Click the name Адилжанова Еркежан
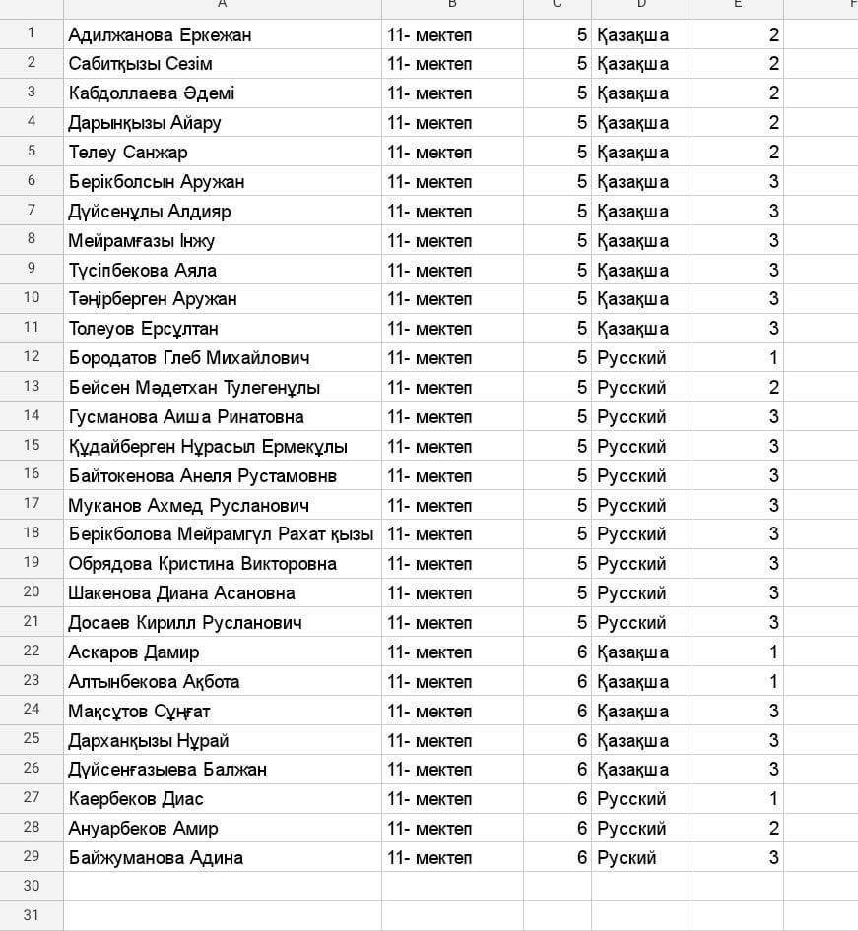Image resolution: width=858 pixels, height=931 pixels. [x=160, y=35]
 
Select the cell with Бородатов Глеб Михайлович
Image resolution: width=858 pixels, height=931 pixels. [x=189, y=358]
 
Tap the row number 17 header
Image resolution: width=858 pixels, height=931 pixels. [x=32, y=505]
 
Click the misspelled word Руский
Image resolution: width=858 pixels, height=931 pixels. [x=627, y=858]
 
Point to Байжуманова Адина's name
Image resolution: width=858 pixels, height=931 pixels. [x=156, y=858]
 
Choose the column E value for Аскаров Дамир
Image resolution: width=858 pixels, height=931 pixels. [x=773, y=652]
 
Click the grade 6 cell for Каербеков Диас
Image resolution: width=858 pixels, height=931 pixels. [x=582, y=799]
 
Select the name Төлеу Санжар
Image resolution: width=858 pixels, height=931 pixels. [x=128, y=153]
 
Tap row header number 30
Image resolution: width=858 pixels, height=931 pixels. [x=32, y=886]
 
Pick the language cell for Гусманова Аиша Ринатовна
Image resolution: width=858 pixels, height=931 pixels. [x=631, y=417]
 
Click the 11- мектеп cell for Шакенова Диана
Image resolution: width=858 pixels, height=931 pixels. [x=429, y=593]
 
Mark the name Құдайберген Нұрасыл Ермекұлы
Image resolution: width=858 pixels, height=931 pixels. [x=208, y=447]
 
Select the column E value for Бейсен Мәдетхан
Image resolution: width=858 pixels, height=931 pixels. [x=773, y=388]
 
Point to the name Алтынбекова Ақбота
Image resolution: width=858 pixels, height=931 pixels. [x=154, y=682]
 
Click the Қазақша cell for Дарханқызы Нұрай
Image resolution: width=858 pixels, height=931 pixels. [x=632, y=741]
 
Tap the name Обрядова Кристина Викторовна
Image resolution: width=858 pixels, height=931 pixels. [x=202, y=564]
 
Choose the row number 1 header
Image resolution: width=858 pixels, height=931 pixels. [x=32, y=33]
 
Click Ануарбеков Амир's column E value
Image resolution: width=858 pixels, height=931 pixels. [x=773, y=829]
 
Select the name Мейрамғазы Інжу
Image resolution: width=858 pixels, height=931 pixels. [x=142, y=241]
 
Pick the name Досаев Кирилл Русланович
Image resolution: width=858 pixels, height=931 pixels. [x=185, y=623]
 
